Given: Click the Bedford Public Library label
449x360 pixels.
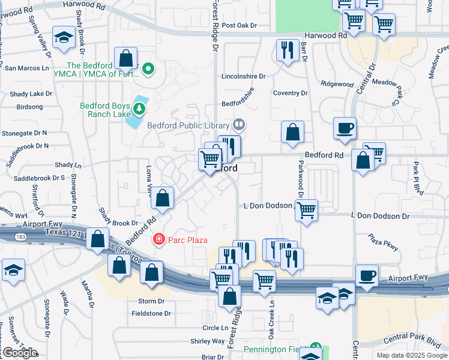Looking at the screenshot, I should tap(189, 125).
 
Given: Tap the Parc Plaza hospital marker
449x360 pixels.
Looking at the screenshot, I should tap(158, 240).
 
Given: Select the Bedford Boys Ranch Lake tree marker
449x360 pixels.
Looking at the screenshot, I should tap(139, 109).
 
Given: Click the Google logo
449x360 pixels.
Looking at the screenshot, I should tap(20, 353).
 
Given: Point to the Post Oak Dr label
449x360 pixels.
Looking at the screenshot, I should tap(239, 26).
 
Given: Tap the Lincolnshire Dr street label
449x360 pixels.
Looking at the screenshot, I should tap(243, 77).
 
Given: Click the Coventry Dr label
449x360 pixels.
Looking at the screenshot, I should tap(290, 93).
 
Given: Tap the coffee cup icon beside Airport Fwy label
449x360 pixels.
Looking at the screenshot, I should tap(367, 275).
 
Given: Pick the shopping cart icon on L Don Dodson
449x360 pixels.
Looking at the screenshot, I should tap(306, 211).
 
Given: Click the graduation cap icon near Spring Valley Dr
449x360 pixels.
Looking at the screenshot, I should tap(64, 38).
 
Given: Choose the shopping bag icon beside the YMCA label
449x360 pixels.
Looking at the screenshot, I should tap(126, 59).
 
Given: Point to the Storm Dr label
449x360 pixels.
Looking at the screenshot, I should tap(151, 301).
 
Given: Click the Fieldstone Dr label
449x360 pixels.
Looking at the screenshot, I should tap(151, 313).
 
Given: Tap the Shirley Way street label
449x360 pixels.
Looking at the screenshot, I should tap(207, 341).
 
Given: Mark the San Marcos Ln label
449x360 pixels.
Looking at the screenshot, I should tap(27, 68).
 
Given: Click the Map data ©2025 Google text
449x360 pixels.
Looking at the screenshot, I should tap(411, 355).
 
